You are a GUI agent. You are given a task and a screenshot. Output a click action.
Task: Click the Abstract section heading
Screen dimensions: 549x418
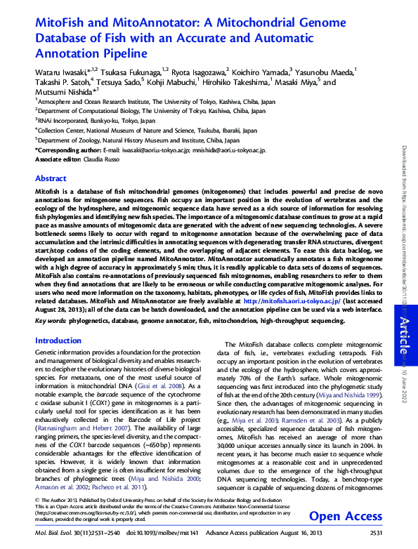pyautogui.click(x=51, y=179)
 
